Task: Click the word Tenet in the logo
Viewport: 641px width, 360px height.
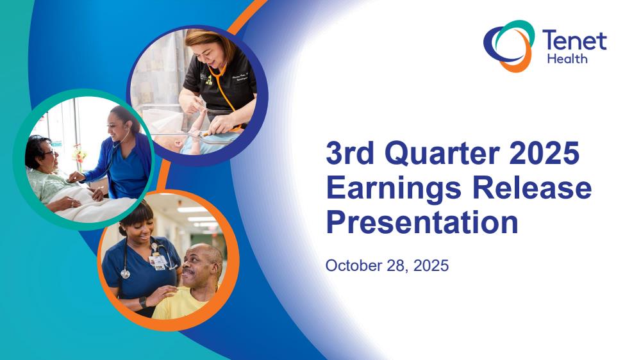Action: [574, 40]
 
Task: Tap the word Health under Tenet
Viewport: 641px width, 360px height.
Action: [567, 59]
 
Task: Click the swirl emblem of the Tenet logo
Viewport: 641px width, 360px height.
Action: [509, 45]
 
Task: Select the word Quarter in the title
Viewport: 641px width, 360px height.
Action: [442, 153]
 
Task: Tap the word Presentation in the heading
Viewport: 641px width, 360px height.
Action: [422, 223]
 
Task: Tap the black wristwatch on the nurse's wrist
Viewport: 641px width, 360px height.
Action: [143, 302]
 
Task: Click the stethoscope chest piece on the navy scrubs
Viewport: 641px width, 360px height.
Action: [125, 274]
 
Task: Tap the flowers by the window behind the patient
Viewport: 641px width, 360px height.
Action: [79, 155]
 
